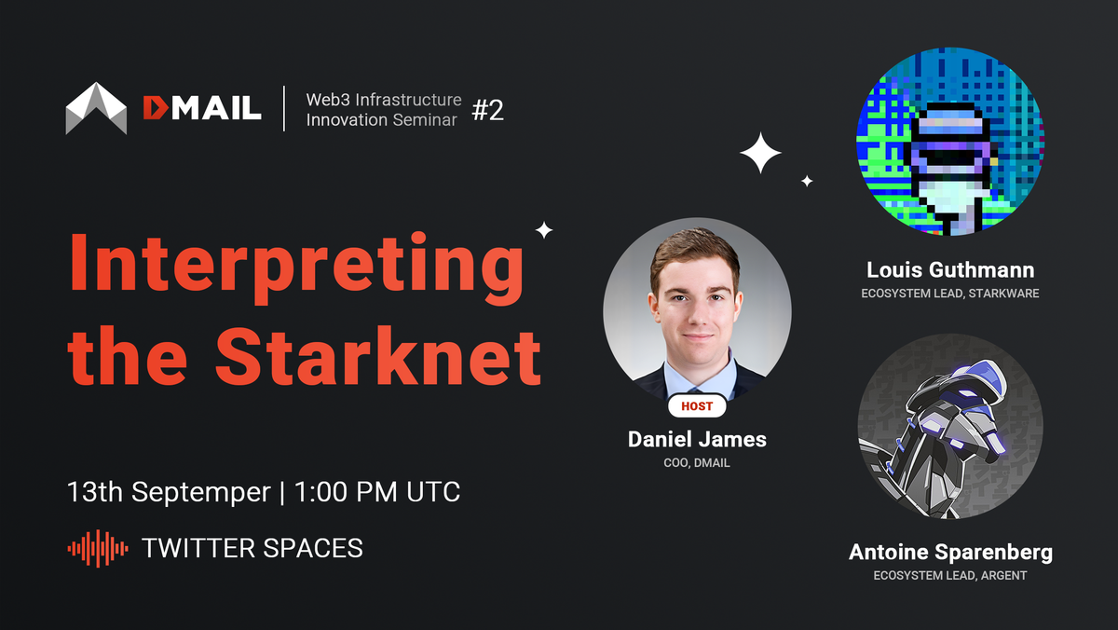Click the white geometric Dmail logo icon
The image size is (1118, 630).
pyautogui.click(x=96, y=108)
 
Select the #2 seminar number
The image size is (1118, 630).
pyautogui.click(x=487, y=110)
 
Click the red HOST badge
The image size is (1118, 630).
pyautogui.click(x=697, y=406)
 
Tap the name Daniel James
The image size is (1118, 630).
pyautogui.click(x=697, y=438)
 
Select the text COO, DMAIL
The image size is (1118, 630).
pyautogui.click(x=697, y=462)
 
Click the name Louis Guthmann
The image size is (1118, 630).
pyautogui.click(x=950, y=270)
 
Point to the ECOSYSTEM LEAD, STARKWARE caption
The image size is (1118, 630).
pyautogui.click(x=950, y=294)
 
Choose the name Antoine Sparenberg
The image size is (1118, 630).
pyautogui.click(x=950, y=552)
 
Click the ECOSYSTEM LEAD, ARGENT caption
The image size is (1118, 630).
pyautogui.click(x=950, y=576)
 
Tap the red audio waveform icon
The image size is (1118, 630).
pyautogui.click(x=98, y=548)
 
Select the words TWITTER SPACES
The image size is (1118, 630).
pyautogui.click(x=252, y=548)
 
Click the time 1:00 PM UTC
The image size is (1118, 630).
pyautogui.click(x=377, y=491)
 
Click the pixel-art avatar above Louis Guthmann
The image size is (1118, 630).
pyautogui.click(x=949, y=142)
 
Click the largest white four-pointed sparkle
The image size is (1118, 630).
pyautogui.click(x=760, y=153)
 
